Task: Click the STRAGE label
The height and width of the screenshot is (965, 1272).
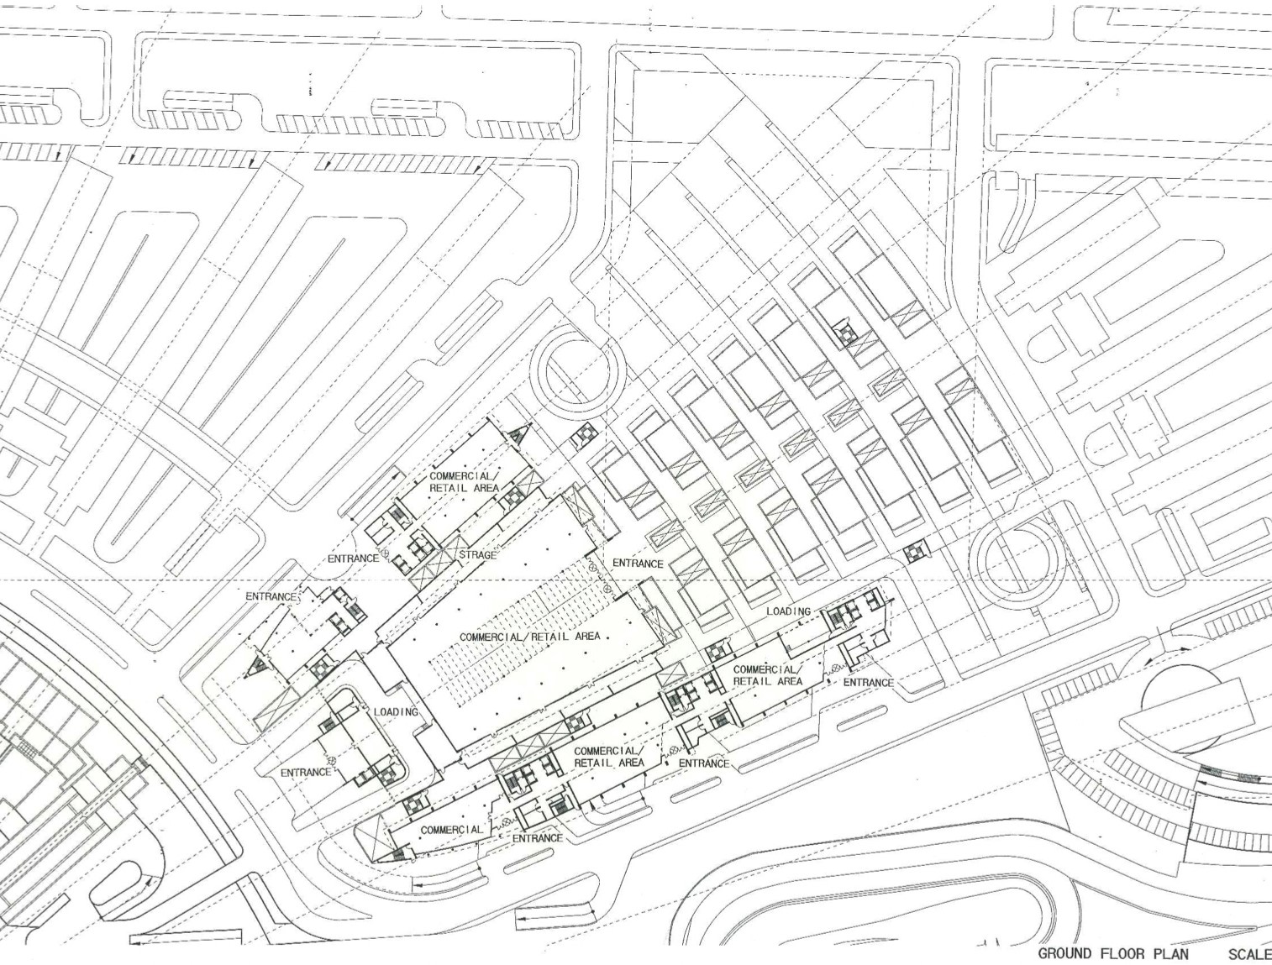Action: click(x=478, y=555)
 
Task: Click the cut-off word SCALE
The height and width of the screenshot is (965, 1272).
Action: click(x=1250, y=954)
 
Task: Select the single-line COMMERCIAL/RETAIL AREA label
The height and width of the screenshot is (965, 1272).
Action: click(x=529, y=637)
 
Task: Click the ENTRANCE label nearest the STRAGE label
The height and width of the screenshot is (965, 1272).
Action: click(x=353, y=559)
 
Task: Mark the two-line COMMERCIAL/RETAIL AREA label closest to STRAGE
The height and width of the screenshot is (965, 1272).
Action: click(x=464, y=482)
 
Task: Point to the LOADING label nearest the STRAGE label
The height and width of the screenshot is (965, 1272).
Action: click(x=396, y=712)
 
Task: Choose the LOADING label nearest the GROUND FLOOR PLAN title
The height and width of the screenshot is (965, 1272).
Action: click(x=789, y=611)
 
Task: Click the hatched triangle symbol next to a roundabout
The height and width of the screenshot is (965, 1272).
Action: click(x=520, y=433)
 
